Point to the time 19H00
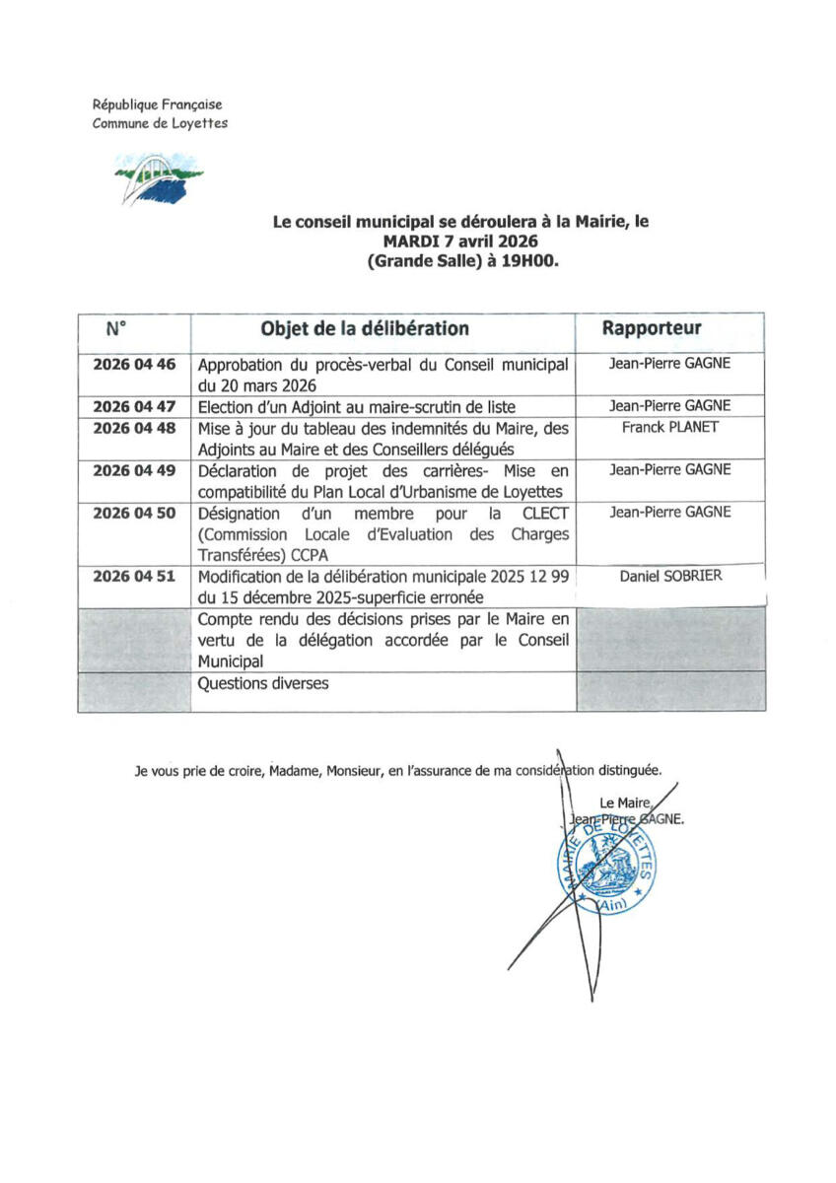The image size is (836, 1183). click(x=535, y=261)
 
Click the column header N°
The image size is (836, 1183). click(x=116, y=328)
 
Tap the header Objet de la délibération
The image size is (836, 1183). click(x=365, y=328)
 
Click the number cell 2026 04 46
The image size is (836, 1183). click(x=134, y=365)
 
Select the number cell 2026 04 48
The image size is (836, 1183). click(x=134, y=428)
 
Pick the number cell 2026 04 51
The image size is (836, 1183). click(x=134, y=576)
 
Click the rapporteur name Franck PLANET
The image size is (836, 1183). click(x=669, y=428)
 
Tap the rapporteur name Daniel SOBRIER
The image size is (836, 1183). click(x=669, y=576)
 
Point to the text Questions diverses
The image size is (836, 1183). click(x=263, y=683)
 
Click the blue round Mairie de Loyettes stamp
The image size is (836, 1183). click(x=603, y=868)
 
